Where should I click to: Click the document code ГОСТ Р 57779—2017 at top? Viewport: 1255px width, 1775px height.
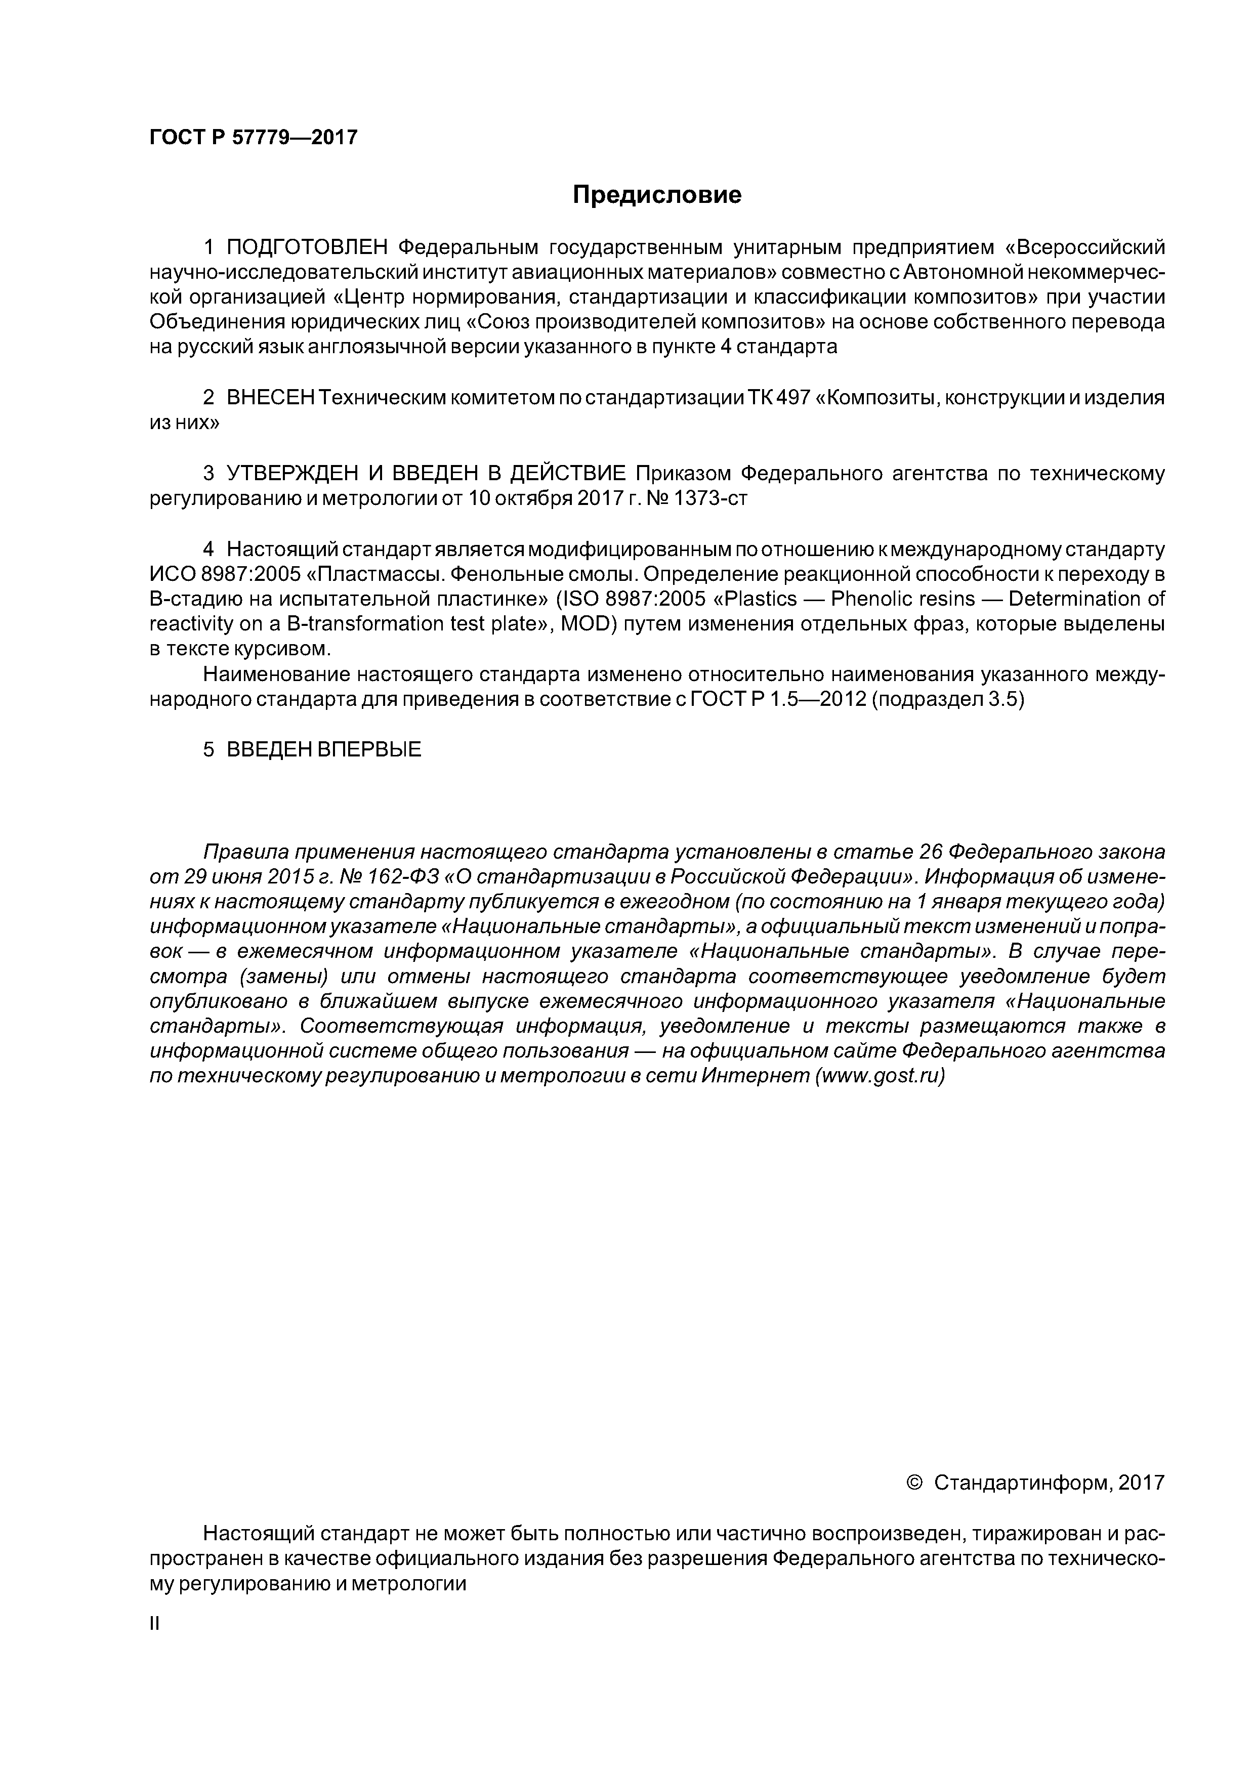253,138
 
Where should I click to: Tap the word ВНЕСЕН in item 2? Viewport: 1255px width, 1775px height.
271,398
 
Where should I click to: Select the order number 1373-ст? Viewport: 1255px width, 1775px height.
710,498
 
